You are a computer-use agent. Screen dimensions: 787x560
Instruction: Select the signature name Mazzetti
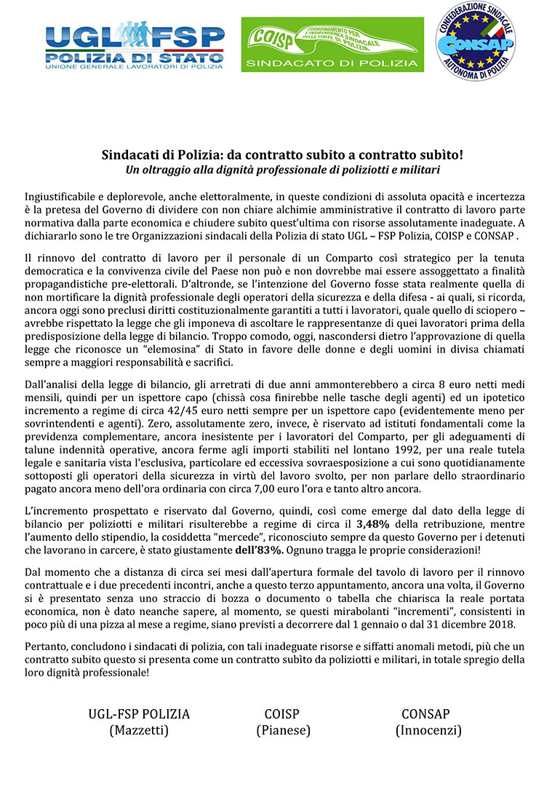tap(139, 730)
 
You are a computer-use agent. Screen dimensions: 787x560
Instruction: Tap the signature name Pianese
tap(283, 730)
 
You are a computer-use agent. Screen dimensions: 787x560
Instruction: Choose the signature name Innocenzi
tap(428, 730)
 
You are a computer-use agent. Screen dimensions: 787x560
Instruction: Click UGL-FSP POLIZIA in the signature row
tap(139, 713)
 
